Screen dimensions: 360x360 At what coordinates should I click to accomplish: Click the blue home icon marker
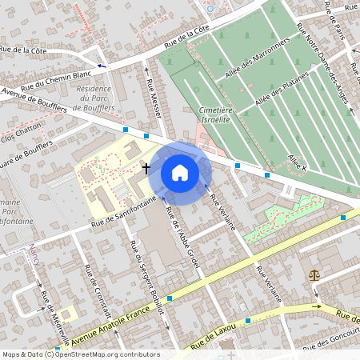point(180,172)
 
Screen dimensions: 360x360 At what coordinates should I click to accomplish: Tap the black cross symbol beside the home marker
point(146,168)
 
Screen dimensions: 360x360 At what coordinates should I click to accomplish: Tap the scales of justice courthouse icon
point(313,275)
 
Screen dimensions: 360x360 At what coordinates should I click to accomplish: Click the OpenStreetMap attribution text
point(81,354)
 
